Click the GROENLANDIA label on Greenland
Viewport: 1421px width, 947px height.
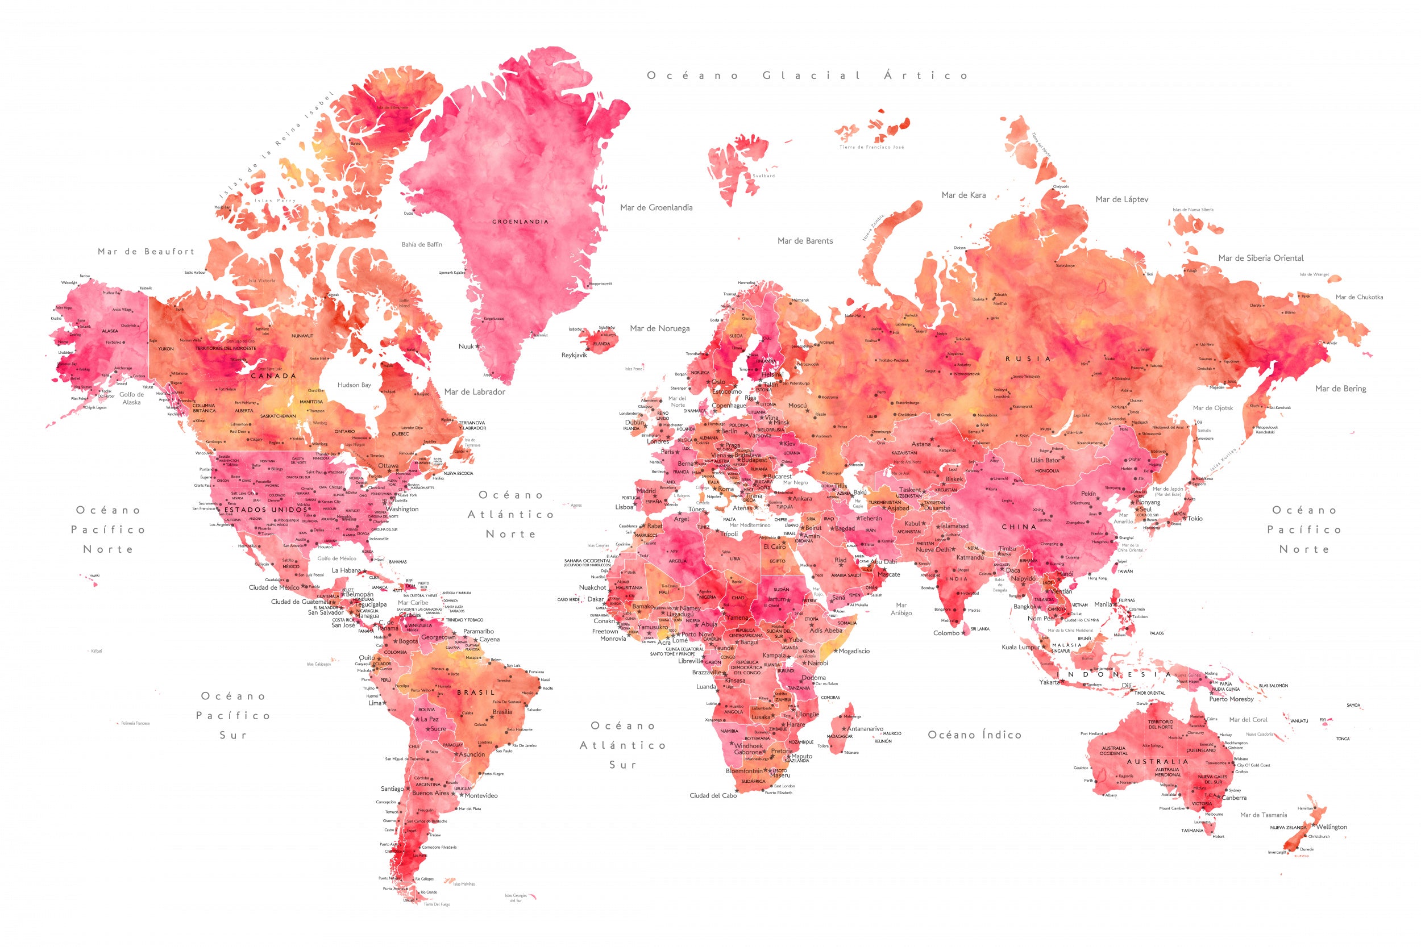[x=520, y=222]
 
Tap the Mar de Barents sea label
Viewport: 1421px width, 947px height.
[x=805, y=241]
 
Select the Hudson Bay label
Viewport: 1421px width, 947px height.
[x=354, y=385]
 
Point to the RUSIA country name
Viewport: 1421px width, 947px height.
[x=1028, y=359]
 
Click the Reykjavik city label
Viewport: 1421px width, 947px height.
[x=574, y=355]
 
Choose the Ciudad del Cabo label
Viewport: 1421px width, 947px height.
[x=713, y=795]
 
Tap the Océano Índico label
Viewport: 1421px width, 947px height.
[x=974, y=735]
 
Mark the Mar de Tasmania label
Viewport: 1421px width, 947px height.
[x=1264, y=815]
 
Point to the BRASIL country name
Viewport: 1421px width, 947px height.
[x=476, y=692]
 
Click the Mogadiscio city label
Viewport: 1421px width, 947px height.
[x=854, y=651]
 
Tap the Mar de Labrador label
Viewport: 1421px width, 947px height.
[x=474, y=392]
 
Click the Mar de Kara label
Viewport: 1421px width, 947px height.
[x=963, y=195]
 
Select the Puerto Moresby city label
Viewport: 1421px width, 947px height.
[x=1231, y=699]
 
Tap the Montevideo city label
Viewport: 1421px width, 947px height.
[x=481, y=795]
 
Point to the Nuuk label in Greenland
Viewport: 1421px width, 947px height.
[x=466, y=347]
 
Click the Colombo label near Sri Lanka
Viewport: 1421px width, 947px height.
[x=946, y=633]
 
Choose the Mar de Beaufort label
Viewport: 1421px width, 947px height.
[x=146, y=252]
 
